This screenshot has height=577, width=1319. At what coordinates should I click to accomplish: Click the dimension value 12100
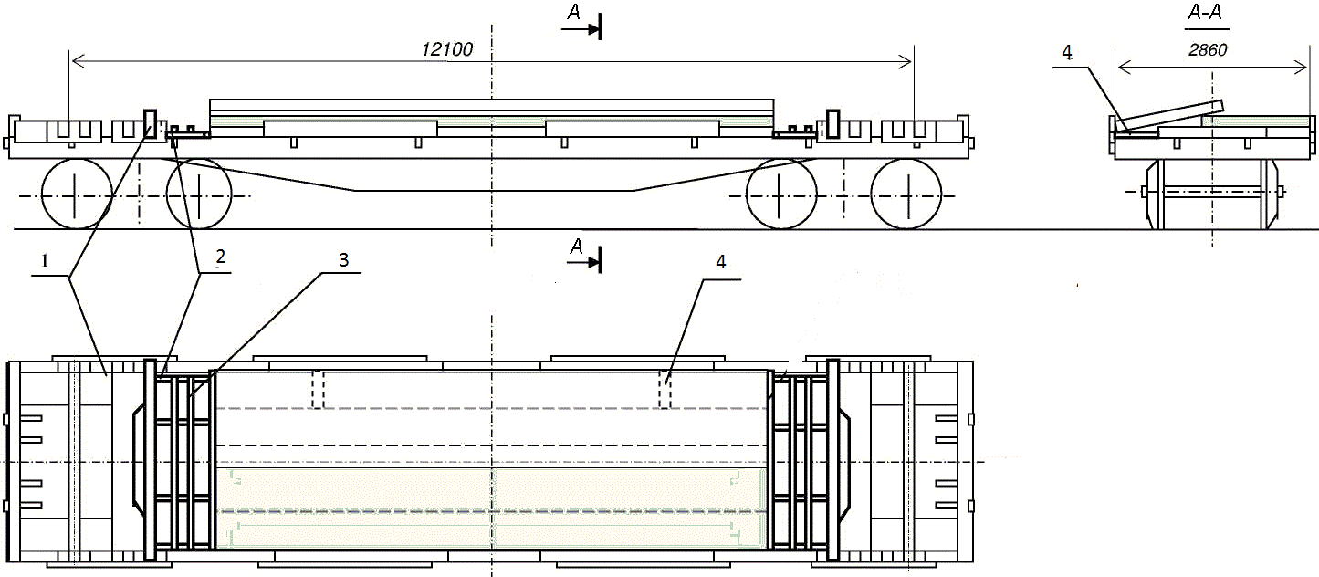pyautogui.click(x=447, y=49)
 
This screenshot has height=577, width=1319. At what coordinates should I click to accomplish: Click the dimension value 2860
pyautogui.click(x=1208, y=50)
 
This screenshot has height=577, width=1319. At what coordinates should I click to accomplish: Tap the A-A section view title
pyautogui.click(x=1205, y=13)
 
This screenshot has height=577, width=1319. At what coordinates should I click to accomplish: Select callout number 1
pyautogui.click(x=45, y=260)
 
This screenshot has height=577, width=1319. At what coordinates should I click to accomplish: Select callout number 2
pyautogui.click(x=220, y=257)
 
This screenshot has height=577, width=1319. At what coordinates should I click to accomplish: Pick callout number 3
pyautogui.click(x=344, y=259)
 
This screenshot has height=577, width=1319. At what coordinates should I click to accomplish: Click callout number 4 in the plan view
pyautogui.click(x=721, y=262)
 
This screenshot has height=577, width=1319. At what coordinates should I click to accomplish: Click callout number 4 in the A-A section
pyautogui.click(x=1067, y=53)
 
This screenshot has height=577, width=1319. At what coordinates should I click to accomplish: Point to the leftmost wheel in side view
pyautogui.click(x=77, y=194)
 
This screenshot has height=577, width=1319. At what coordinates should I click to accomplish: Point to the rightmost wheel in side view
pyautogui.click(x=906, y=194)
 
